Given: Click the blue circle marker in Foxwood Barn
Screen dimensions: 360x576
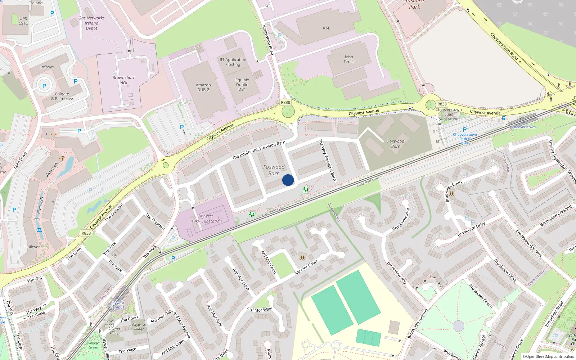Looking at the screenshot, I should click(288, 180).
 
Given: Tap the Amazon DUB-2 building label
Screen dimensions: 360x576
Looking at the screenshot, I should click(203, 87).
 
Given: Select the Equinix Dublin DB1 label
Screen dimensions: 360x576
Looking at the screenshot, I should click(242, 85).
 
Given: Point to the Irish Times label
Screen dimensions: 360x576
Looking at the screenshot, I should click(349, 59).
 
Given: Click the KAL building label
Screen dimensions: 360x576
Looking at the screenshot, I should click(326, 28).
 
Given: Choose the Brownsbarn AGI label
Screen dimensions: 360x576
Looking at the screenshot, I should click(124, 80).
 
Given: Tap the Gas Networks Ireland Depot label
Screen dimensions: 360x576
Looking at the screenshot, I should click(91, 23).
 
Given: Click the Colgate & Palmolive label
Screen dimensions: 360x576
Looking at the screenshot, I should click(62, 96).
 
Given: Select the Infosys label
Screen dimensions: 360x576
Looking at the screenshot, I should click(47, 67).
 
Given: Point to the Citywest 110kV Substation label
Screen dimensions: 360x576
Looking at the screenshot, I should click(205, 219).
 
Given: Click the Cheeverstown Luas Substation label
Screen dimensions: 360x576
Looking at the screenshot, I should click(449, 114).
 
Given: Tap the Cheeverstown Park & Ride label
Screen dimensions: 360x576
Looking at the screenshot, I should click(465, 139).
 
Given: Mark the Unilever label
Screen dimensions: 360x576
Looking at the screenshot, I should click(32, 247).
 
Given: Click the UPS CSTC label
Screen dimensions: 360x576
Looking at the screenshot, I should click(23, 21).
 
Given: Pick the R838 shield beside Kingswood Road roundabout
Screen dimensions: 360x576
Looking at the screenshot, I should click(285, 103).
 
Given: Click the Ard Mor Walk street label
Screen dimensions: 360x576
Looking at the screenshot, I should click(260, 310).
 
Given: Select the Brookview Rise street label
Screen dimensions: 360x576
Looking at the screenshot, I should click(401, 220).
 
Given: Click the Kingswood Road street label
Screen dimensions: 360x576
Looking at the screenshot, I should click(268, 40).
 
